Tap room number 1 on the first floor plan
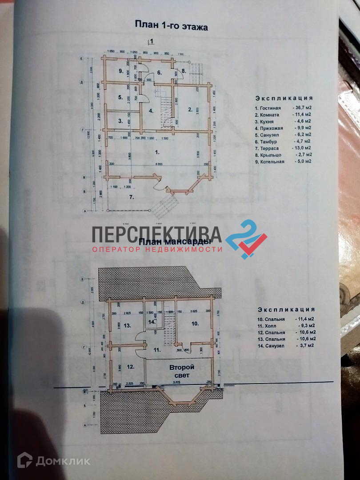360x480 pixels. point(156,152)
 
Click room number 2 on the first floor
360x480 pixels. point(190,109)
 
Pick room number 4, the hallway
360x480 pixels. point(151,111)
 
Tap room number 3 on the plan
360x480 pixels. point(120,120)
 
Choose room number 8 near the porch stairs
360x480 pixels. point(183,71)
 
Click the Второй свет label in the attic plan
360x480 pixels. point(181,371)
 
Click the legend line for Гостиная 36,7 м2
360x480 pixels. point(283,108)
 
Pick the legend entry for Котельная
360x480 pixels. point(283,161)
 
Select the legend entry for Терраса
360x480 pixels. point(283,148)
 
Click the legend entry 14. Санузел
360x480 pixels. point(285,345)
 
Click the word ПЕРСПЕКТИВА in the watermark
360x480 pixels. point(157,235)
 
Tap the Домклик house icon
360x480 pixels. point(24,460)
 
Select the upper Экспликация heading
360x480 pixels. point(284,98)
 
